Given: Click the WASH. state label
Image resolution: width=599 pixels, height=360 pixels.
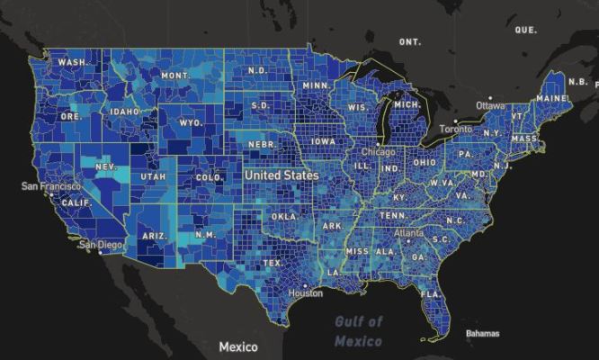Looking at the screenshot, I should tap(73, 62).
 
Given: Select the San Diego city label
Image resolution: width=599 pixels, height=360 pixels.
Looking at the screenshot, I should tap(100, 244).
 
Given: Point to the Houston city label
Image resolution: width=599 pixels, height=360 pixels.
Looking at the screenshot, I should tap(306, 293).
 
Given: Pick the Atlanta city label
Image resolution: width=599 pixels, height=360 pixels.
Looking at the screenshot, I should tap(408, 232).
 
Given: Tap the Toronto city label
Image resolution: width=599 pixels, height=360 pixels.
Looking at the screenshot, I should tap(456, 129).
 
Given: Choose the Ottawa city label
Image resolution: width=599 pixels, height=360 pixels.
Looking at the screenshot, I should tap(490, 105).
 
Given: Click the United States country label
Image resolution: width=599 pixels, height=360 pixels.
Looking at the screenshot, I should tap(281, 175).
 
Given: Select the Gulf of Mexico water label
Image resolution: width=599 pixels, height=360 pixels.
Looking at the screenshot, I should tap(359, 331).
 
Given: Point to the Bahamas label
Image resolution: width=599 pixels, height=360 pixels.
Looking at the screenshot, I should tap(482, 334).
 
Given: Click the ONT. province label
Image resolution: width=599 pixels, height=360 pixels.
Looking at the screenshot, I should tap(410, 42).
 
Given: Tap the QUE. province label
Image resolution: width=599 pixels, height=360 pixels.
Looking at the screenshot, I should tap(525, 30).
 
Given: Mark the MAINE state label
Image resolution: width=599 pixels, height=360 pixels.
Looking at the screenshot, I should tap(551, 97).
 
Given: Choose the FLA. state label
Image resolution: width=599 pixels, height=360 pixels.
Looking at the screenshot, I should tap(432, 294).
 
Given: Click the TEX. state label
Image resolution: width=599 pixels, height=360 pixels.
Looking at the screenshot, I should tap(272, 264).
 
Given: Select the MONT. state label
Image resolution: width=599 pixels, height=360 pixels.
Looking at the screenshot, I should tap(175, 76).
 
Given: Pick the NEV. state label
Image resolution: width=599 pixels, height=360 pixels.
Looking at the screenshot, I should tap(106, 167).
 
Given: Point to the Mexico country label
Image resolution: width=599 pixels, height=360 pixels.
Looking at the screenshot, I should tap(237, 346).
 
